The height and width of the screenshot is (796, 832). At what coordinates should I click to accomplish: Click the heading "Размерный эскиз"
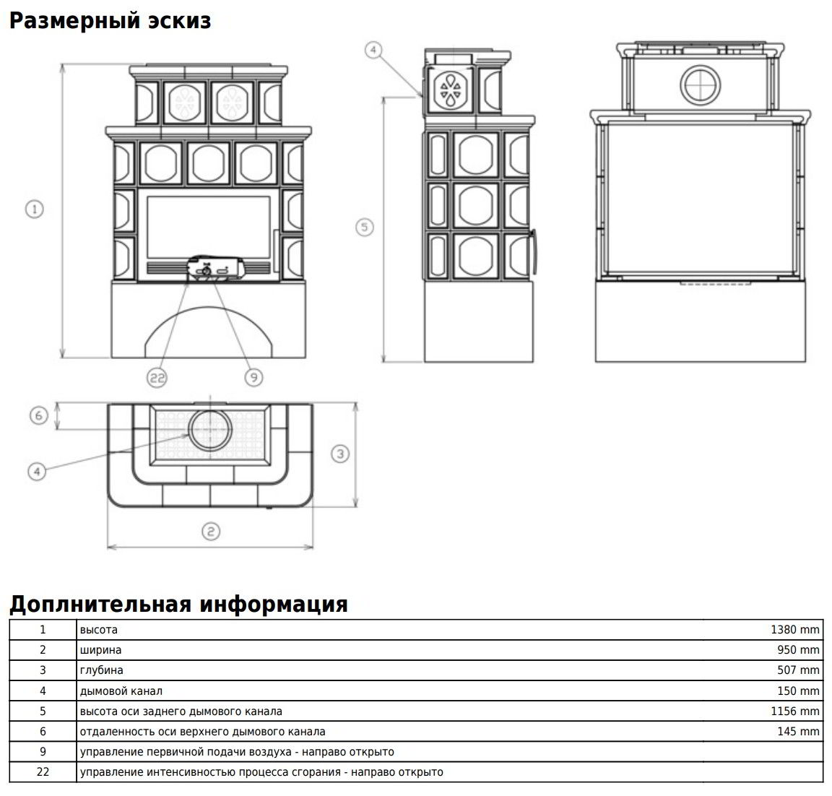click(x=110, y=21)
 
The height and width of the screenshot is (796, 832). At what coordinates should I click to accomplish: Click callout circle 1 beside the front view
click(x=34, y=209)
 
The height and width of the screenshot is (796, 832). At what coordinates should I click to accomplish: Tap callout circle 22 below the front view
click(x=157, y=376)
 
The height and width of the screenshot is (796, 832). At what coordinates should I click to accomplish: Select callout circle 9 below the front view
click(x=253, y=376)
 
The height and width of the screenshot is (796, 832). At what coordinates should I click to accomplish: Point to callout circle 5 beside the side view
click(x=365, y=227)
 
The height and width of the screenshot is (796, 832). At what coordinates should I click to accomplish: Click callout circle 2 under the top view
click(x=209, y=532)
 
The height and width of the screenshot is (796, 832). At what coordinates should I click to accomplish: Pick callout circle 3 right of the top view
click(x=340, y=454)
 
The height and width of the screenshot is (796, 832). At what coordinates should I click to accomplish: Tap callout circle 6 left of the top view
click(x=39, y=415)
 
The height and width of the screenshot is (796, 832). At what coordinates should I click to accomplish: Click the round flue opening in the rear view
click(x=700, y=83)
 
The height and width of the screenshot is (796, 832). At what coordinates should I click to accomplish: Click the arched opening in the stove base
click(x=210, y=332)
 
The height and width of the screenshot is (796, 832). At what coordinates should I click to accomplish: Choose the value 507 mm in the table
click(x=798, y=670)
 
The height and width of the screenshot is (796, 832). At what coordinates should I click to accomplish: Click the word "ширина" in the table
click(x=101, y=650)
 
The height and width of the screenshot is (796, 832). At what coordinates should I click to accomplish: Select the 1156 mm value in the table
click(x=795, y=711)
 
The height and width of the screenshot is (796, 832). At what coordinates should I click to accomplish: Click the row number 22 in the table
click(x=43, y=772)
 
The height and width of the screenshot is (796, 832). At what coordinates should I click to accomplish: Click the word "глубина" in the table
click(x=102, y=670)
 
